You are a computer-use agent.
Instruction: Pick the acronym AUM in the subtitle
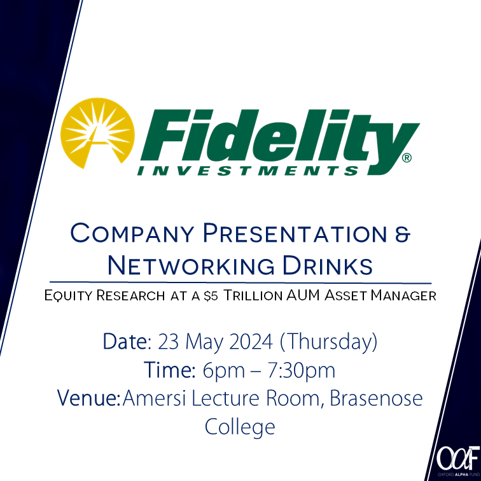click(x=308, y=296)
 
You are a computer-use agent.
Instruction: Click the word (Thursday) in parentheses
click(x=329, y=342)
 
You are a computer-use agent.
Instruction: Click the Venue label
click(x=88, y=399)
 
